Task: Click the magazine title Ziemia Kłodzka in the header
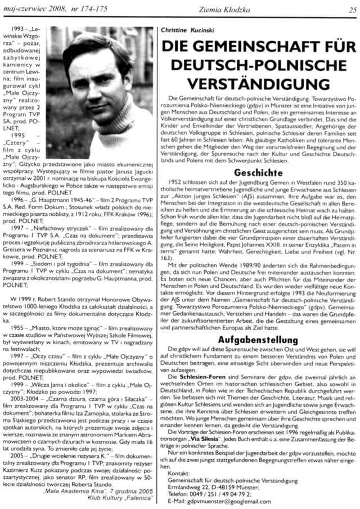click(255, 8)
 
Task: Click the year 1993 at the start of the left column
click(19, 27)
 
